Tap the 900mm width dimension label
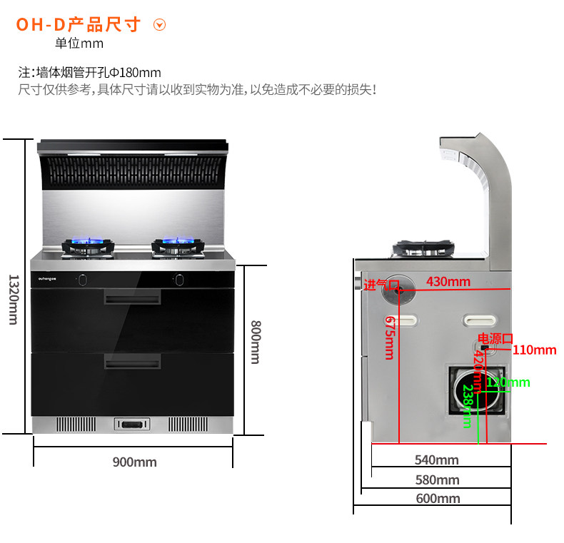pyautogui.click(x=134, y=462)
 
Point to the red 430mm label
pyautogui.click(x=448, y=281)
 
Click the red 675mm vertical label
pyautogui.click(x=390, y=337)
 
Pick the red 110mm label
pyautogui.click(x=534, y=350)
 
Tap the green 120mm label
pyautogui.click(x=508, y=382)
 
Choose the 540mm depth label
pyautogui.click(x=437, y=460)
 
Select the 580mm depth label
pyautogui.click(x=437, y=479)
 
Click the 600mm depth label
pyautogui.click(x=438, y=498)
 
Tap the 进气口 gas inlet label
pyautogui.click(x=381, y=285)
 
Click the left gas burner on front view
pyautogui.click(x=87, y=247)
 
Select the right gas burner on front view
pyautogui.click(x=177, y=247)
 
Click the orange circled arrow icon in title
pyautogui.click(x=160, y=25)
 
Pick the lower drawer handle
pyautogui.click(x=132, y=363)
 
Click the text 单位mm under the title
pyautogui.click(x=79, y=44)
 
